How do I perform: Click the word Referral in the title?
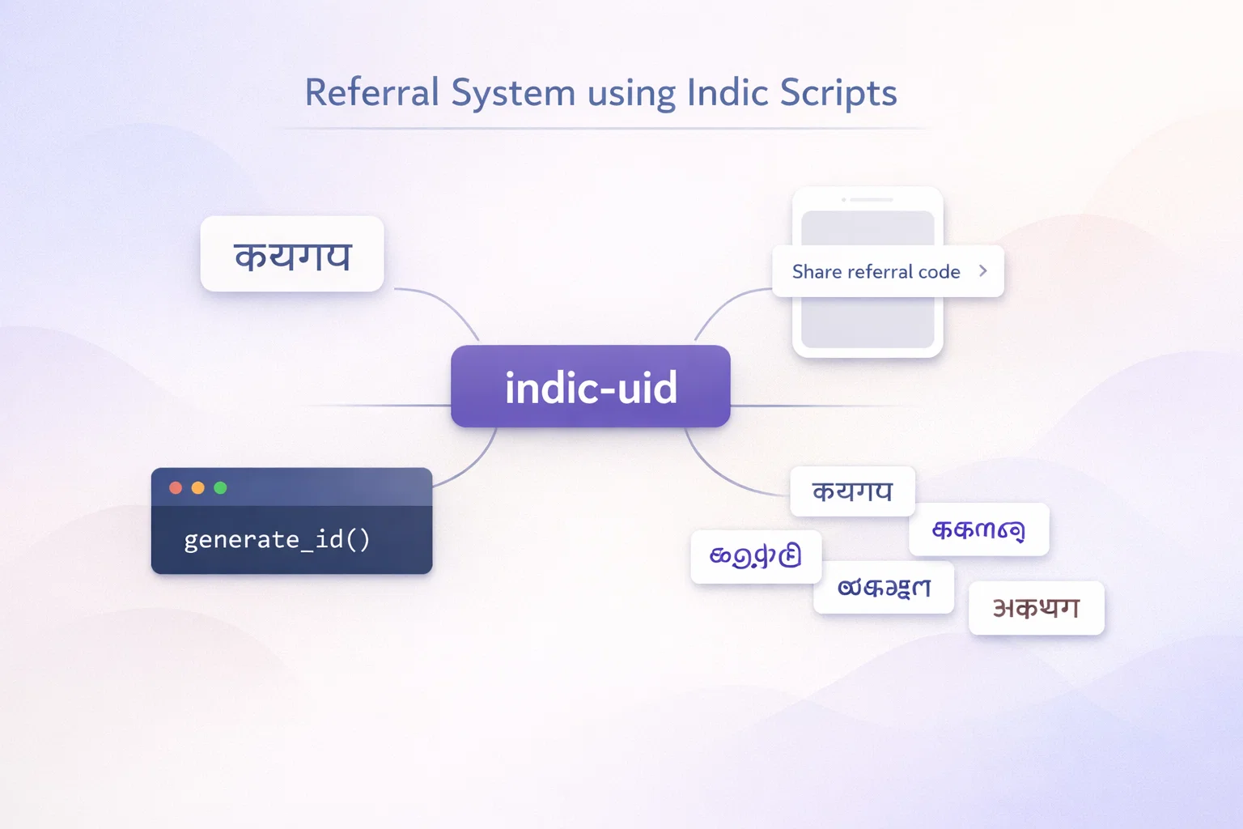click(x=371, y=92)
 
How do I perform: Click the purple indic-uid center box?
click(x=591, y=386)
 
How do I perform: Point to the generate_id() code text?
click(x=277, y=539)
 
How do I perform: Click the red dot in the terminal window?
click(x=176, y=488)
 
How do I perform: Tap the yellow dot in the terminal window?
click(x=198, y=488)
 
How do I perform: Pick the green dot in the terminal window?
click(x=220, y=488)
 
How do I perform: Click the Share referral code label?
click(x=876, y=272)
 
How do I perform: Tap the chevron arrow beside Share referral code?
click(x=983, y=271)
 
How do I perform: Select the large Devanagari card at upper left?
click(x=292, y=254)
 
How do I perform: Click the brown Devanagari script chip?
click(x=1037, y=608)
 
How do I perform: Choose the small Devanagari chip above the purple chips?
click(x=852, y=491)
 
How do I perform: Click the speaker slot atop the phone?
click(x=871, y=199)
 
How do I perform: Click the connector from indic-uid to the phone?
click(x=724, y=303)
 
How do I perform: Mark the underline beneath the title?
click(x=603, y=129)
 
